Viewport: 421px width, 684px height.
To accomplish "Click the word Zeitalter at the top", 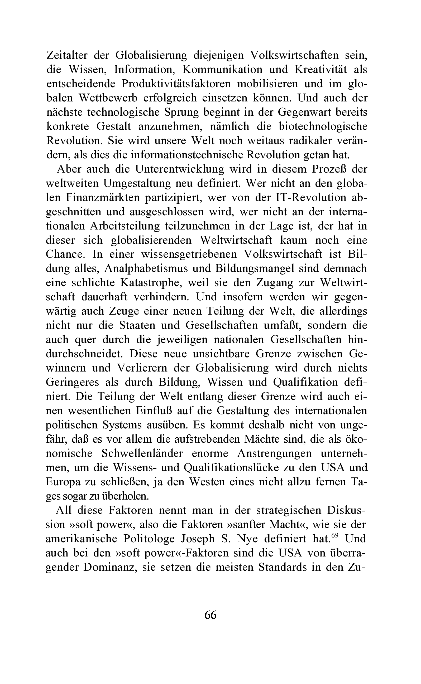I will [x=67, y=55].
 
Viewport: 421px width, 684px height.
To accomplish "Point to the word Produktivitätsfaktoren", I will [x=176, y=84].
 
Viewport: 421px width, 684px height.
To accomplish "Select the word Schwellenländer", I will [x=142, y=453].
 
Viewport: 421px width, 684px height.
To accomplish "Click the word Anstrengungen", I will [x=274, y=453].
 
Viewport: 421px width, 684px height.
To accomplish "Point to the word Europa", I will [x=63, y=482].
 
